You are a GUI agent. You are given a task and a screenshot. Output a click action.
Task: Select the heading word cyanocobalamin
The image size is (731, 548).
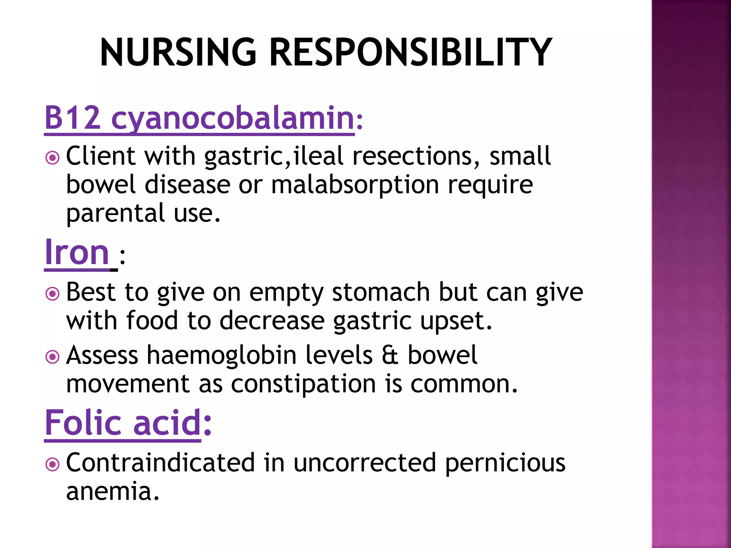[x=232, y=118]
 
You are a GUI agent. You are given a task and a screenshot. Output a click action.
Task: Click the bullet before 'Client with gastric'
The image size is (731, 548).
[x=52, y=157]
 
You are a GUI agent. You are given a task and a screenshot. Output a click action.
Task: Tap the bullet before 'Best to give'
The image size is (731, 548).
[x=52, y=294]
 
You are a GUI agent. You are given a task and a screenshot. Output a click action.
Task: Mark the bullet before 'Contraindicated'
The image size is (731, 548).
[x=52, y=464]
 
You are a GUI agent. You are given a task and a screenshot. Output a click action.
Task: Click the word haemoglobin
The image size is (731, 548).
[x=222, y=356]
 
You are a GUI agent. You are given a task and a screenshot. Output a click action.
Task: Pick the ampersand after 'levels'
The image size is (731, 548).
[x=390, y=356]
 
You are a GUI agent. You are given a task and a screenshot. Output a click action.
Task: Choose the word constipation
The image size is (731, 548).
[x=303, y=384]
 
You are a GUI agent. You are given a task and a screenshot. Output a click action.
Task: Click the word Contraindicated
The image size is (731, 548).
[x=160, y=463]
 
